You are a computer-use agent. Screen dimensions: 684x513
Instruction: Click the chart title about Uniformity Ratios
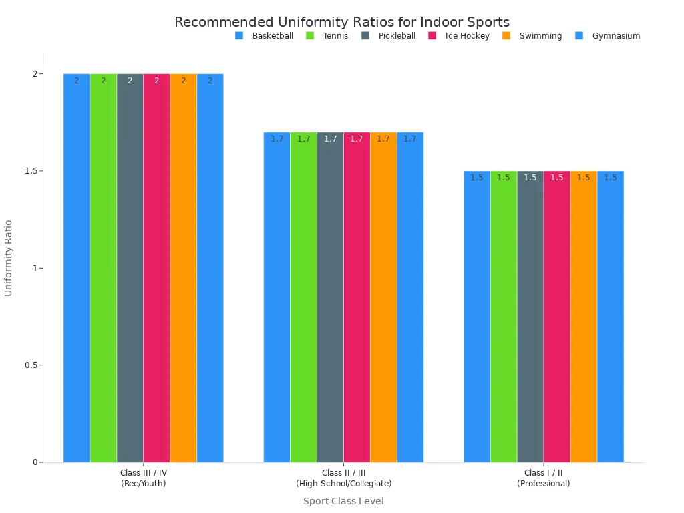click(x=342, y=22)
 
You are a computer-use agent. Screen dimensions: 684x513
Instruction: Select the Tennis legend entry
click(x=327, y=36)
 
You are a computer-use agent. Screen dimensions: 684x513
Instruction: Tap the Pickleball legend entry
click(x=388, y=36)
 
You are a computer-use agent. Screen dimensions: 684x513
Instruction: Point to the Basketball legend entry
click(x=264, y=36)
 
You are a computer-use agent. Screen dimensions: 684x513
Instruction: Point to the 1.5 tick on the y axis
click(x=31, y=171)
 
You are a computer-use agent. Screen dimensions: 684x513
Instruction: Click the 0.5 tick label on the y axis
click(x=31, y=365)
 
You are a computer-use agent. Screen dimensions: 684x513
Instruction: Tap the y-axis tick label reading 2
click(x=35, y=74)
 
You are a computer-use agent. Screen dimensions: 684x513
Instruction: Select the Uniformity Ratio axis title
click(x=8, y=259)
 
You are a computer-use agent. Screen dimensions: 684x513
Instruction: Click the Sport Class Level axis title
click(x=344, y=501)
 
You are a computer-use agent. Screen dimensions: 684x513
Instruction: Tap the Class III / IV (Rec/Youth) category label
click(x=144, y=478)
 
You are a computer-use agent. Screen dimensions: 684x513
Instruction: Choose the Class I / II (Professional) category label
click(x=544, y=478)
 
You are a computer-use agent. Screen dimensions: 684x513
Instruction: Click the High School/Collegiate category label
click(x=344, y=484)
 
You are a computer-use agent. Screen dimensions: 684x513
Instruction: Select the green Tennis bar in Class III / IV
click(x=104, y=268)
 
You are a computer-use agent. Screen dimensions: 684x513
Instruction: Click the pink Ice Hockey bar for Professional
click(x=557, y=316)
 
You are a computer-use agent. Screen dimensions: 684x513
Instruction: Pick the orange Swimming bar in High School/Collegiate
click(x=383, y=297)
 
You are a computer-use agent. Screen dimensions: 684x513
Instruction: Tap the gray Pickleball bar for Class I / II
click(x=530, y=316)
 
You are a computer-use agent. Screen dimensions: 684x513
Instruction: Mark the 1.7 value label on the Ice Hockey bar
click(x=357, y=139)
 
